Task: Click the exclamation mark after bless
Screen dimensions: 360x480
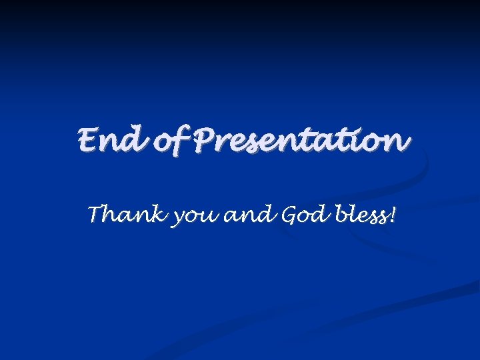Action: click(392, 215)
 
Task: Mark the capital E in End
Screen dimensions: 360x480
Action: click(89, 141)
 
